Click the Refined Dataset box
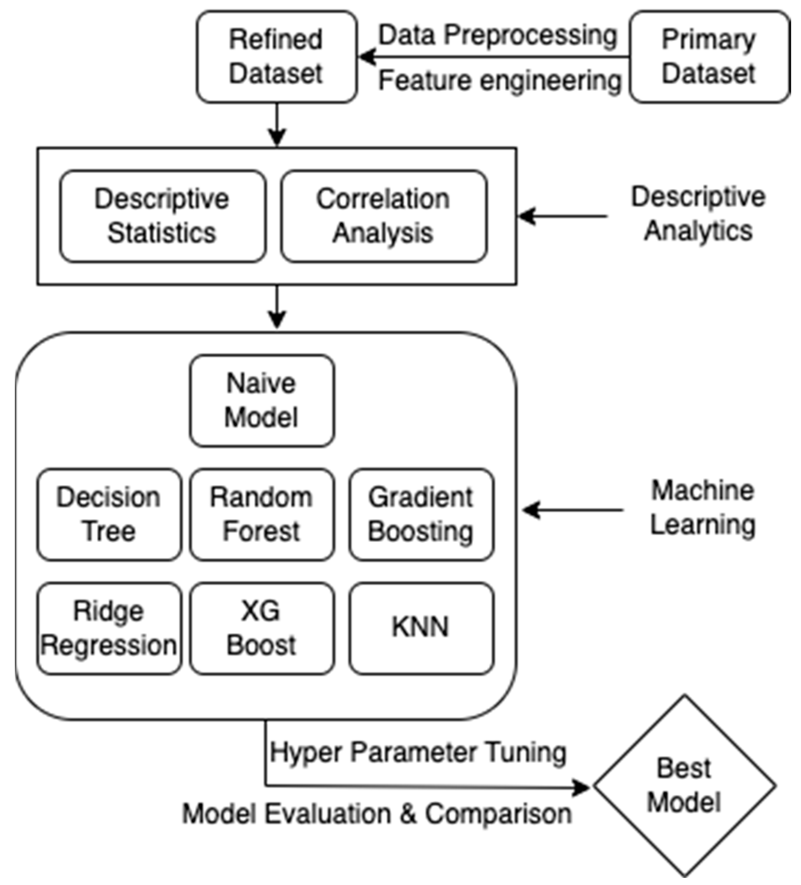point(277,57)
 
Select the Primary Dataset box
point(710,57)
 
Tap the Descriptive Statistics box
point(162,216)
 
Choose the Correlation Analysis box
point(384,216)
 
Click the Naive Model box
point(262,401)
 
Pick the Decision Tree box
point(109,514)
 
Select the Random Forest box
point(262,514)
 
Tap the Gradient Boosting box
point(421,514)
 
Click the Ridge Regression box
point(109,629)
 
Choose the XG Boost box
point(262,629)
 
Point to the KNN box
point(421,629)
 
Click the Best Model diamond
point(685,786)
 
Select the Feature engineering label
point(500,81)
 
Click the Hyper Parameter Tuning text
point(418,753)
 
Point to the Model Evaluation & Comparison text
point(377,814)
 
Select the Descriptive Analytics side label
point(698,214)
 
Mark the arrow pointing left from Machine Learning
point(573,510)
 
